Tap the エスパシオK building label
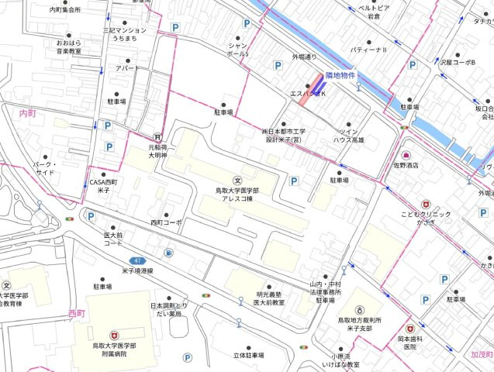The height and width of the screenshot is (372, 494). coord(308,93)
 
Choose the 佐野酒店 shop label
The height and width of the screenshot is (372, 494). coord(405,165)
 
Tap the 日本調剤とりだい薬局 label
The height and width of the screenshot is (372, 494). coord(169,309)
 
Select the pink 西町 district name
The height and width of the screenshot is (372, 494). coord(76,313)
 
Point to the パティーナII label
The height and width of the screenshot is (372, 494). coord(368,50)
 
